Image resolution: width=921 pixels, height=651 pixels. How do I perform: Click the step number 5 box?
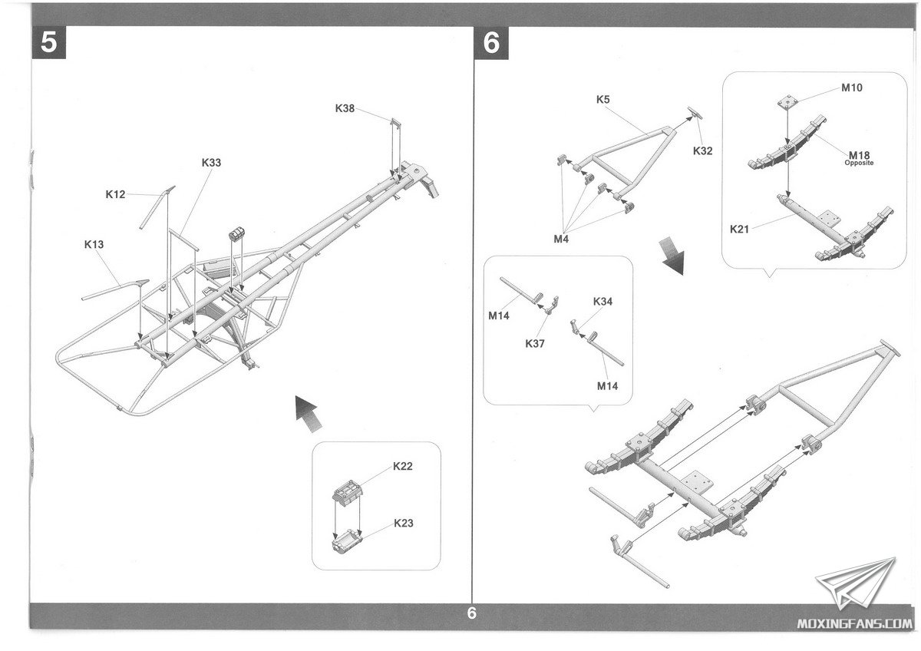pos(48,43)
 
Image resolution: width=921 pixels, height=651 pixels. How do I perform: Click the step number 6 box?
pos(492,43)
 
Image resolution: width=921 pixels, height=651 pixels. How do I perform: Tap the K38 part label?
pos(345,108)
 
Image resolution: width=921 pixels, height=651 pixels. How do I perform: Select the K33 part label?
pos(211,163)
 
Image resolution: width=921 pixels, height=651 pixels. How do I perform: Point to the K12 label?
pos(115,194)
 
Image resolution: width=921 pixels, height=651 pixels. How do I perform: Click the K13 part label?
pos(94,244)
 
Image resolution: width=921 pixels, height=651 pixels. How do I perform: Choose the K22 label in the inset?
pos(403,466)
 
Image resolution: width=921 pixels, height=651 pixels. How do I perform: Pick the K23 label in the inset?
pos(403,524)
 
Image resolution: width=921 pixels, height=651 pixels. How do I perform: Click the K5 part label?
pos(603,99)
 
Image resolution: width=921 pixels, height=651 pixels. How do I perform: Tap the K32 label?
pos(702,150)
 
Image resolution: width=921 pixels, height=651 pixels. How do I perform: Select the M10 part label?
pos(851,88)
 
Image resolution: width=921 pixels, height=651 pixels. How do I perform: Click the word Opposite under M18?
pos(859,164)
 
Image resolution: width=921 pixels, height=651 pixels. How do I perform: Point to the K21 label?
pos(741,228)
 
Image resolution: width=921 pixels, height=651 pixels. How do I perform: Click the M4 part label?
pos(562,239)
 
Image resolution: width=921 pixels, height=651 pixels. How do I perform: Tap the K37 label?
pos(535,343)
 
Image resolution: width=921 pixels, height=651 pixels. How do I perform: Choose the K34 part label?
pos(602,302)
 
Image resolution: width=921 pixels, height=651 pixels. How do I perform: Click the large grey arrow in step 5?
pos(307,411)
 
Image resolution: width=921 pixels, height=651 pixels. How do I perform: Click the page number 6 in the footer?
pos(471,613)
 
